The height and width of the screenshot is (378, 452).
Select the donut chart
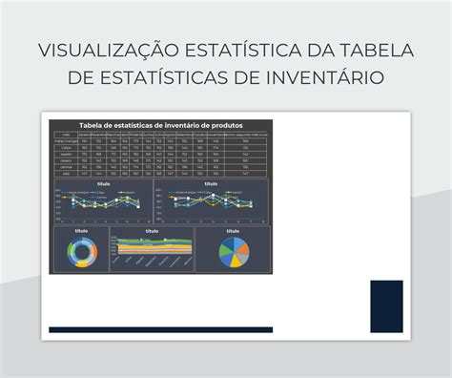click(x=80, y=253)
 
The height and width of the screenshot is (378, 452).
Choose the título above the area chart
click(x=152, y=231)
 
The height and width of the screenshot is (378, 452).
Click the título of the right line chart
click(x=211, y=182)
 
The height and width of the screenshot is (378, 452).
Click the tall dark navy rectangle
click(x=386, y=305)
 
